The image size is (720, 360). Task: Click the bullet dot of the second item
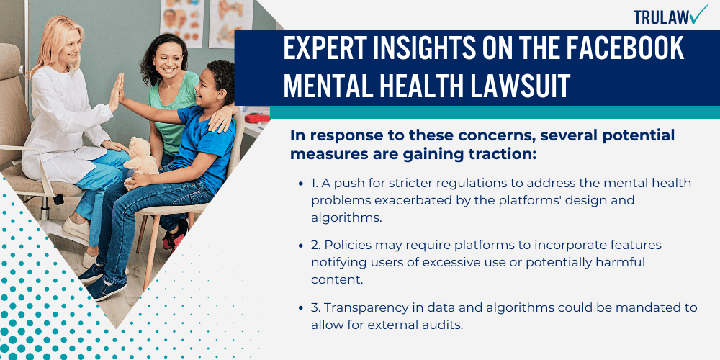tap(300, 246)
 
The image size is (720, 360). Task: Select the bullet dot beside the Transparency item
tap(300, 307)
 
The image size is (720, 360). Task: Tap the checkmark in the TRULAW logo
tap(698, 14)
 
